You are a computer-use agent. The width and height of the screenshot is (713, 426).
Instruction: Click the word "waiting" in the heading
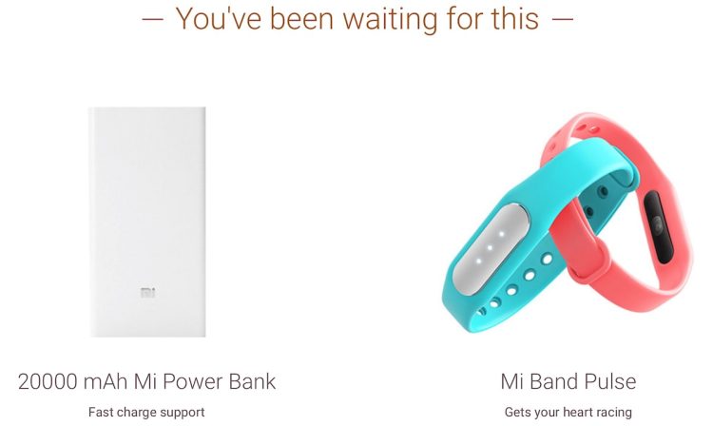[390, 20]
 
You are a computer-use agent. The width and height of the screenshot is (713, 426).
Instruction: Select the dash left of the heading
[152, 19]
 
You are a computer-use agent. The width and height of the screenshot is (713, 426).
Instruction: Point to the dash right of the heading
[562, 19]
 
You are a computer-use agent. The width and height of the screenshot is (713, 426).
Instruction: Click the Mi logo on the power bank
[147, 292]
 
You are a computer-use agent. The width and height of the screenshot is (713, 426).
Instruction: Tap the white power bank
[147, 222]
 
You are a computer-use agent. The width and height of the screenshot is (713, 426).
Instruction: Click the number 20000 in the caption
[48, 381]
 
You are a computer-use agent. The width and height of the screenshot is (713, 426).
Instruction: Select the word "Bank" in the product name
[252, 381]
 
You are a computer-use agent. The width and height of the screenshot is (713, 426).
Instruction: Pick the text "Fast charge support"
[146, 413]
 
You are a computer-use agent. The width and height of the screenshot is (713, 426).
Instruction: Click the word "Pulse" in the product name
[610, 381]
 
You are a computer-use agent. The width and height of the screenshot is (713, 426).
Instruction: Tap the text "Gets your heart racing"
[568, 413]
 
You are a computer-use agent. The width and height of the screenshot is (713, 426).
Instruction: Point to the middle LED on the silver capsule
[491, 248]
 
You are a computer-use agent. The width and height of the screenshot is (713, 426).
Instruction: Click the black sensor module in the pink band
[659, 226]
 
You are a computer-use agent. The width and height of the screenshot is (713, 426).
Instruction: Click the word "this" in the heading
[514, 19]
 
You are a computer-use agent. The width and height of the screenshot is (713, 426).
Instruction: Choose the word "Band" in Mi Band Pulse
[554, 381]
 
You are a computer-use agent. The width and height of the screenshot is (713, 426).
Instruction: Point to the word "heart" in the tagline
[577, 413]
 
